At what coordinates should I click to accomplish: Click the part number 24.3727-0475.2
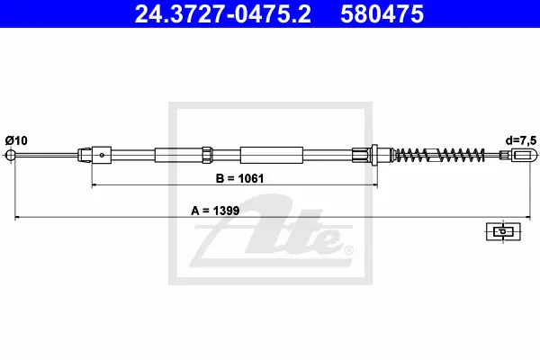pyautogui.click(x=222, y=14)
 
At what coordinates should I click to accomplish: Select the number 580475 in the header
pyautogui.click(x=382, y=14)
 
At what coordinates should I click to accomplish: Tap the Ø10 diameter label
pyautogui.click(x=16, y=140)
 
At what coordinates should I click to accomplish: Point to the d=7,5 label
pyautogui.click(x=521, y=140)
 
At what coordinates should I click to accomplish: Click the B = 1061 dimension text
pyautogui.click(x=239, y=178)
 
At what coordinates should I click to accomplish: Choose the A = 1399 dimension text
pyautogui.click(x=215, y=211)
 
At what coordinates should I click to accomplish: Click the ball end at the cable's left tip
pyautogui.click(x=11, y=155)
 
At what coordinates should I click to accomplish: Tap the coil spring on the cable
pyautogui.click(x=438, y=155)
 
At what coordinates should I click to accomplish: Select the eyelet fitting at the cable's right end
pyautogui.click(x=524, y=155)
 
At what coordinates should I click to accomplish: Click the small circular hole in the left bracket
pyautogui.click(x=102, y=155)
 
